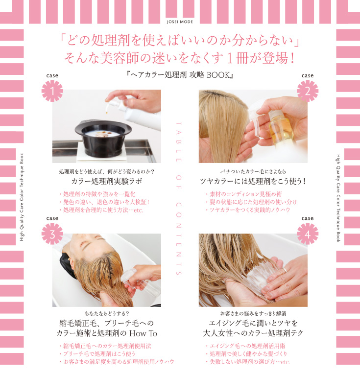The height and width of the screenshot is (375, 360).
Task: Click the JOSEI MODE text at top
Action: point(180,22)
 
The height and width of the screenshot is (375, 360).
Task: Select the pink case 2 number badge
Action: point(307,91)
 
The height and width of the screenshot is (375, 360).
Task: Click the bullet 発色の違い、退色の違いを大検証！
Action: point(103,202)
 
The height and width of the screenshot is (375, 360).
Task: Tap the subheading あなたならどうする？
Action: point(106,312)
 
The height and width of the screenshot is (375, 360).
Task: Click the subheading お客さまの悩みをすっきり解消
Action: point(253,312)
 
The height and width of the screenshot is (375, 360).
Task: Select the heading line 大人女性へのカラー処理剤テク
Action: point(253,333)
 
